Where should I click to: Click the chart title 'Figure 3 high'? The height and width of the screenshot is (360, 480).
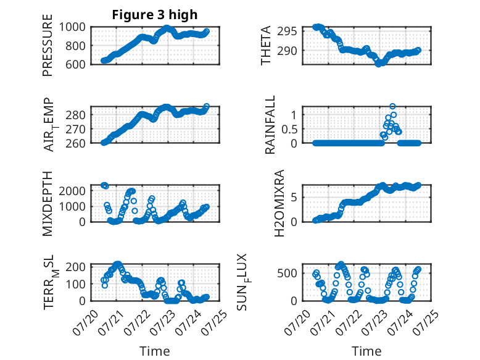coord(155,15)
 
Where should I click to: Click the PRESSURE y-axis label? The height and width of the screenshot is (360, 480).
coord(48,45)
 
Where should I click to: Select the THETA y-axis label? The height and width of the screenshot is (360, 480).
coord(266,45)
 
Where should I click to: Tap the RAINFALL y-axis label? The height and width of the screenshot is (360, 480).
coord(270,124)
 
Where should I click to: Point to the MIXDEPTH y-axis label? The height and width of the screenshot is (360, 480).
coord(48,203)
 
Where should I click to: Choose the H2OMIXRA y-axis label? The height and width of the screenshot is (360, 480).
coord(279,203)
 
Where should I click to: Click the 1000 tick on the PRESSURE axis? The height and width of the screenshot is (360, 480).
coord(72,27)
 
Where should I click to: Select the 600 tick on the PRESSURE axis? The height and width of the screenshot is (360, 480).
coord(75,64)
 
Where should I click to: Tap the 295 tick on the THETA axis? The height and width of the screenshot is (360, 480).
coord(287,31)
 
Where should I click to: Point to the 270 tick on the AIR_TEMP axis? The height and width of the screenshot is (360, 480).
coord(75,129)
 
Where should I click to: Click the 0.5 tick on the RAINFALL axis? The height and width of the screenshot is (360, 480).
coord(289,129)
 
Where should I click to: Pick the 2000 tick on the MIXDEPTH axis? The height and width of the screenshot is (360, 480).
coord(72,191)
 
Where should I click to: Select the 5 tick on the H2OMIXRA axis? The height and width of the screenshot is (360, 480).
coord(294,198)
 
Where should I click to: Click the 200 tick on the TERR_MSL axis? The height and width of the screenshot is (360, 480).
coord(75,267)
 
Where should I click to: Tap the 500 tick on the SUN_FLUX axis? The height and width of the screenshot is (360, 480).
coord(287,273)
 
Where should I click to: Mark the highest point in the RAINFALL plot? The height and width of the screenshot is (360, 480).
coord(392,106)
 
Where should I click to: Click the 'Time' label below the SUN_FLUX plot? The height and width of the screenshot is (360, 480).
coord(366,351)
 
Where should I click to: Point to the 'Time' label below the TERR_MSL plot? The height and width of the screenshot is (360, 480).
coord(155,351)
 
